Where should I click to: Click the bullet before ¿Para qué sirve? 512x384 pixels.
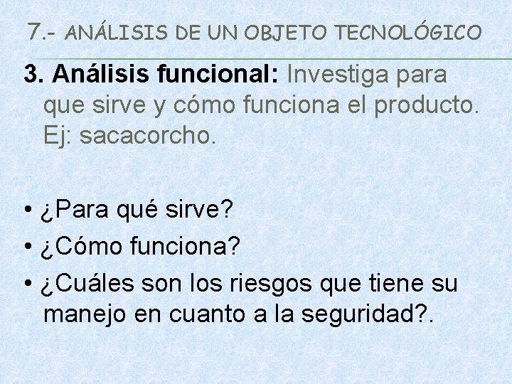(26, 210)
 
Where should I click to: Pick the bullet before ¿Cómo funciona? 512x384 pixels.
(26, 248)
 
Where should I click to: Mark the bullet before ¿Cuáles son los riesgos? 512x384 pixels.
(26, 284)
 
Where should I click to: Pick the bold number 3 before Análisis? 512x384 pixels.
(30, 74)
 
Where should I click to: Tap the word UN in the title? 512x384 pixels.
(224, 32)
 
